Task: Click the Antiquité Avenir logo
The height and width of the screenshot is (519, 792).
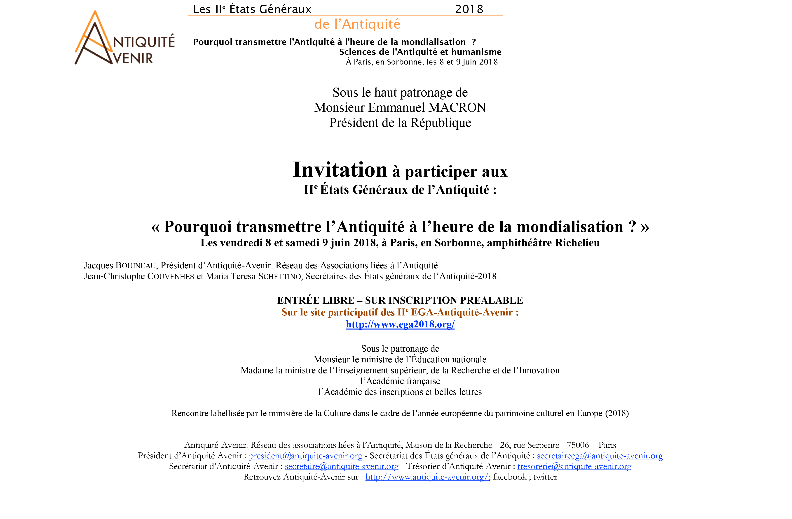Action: tap(125, 37)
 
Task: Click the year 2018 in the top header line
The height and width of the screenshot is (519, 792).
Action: tap(469, 9)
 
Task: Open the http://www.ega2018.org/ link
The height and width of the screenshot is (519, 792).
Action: tap(400, 324)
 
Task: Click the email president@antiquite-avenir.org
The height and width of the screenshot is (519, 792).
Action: tap(305, 456)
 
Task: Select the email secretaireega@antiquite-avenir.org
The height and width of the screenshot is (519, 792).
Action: tap(600, 456)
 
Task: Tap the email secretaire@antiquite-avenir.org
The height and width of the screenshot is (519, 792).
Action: tap(341, 466)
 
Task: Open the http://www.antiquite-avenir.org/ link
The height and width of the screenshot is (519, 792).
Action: tap(427, 477)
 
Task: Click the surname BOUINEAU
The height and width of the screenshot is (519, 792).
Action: tap(136, 266)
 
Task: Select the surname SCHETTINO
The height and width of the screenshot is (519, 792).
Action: tap(279, 276)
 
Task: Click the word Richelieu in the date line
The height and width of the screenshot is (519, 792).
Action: tap(577, 243)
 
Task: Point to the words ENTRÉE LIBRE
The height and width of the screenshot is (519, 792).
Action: tap(316, 300)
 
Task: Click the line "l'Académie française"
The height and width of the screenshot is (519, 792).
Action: tap(400, 381)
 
